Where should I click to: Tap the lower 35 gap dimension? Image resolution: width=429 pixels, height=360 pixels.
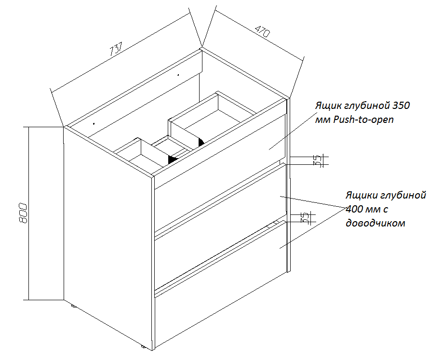[305, 218]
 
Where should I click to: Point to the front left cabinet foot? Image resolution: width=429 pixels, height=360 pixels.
[143, 346]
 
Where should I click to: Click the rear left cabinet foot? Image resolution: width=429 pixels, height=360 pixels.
[73, 306]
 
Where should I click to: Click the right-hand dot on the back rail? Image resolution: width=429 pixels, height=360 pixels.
[178, 75]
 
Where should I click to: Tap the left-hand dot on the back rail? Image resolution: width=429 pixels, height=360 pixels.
[93, 122]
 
